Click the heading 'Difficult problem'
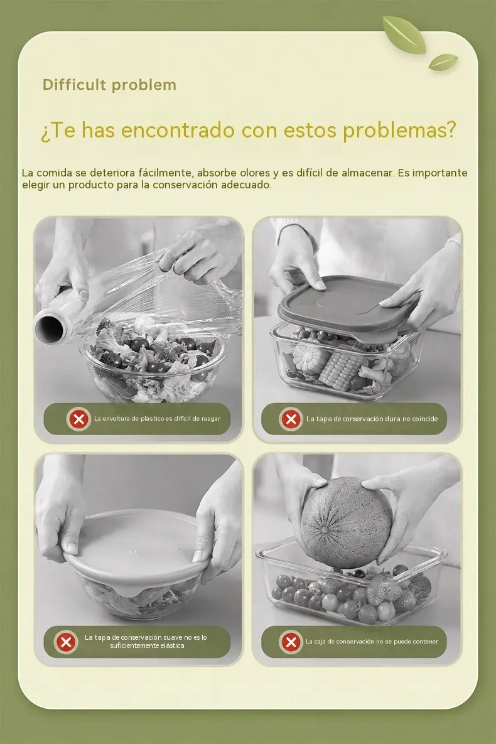109,85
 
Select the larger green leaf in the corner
404,34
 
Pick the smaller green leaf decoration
443,62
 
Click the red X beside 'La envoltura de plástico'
78,419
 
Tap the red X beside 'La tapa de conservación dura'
291,419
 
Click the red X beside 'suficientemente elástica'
66,642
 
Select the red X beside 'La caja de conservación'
291,642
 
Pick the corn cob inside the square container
341,370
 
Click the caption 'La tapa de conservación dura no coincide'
372,419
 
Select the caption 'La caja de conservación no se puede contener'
372,642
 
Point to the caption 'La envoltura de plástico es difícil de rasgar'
157,419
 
